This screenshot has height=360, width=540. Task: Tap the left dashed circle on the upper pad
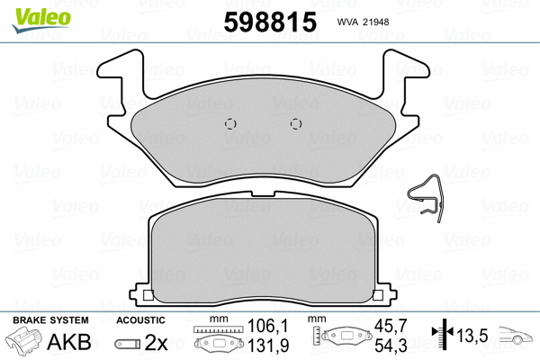229,125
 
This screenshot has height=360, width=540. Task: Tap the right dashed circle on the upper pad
295,125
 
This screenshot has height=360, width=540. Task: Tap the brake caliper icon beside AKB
27,342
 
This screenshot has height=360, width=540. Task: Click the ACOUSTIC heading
140,320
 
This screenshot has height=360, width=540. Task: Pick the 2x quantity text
157,342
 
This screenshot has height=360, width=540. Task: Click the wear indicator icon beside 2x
126,343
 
